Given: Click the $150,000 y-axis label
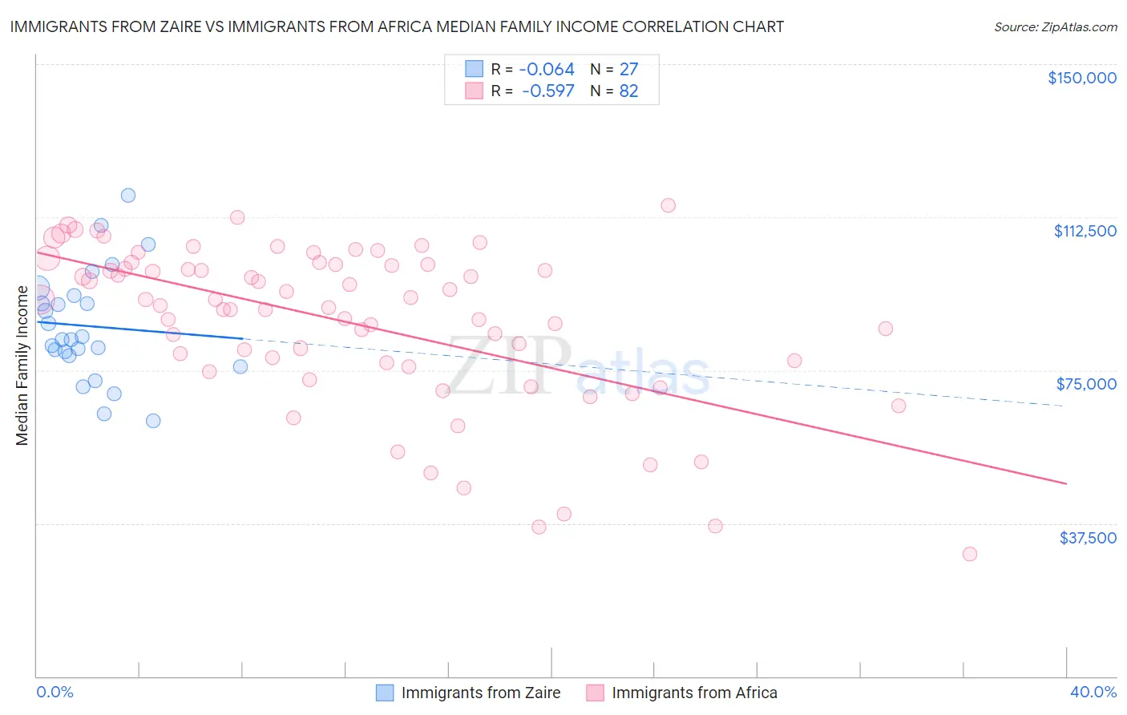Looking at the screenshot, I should pyautogui.click(x=1081, y=78).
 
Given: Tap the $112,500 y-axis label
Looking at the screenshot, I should pyautogui.click(x=1085, y=231).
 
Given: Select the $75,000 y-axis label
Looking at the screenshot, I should pyautogui.click(x=1086, y=384).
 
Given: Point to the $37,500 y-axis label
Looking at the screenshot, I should pyautogui.click(x=1087, y=538).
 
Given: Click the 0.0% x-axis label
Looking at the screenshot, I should pyautogui.click(x=55, y=692).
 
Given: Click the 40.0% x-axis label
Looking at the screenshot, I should pyautogui.click(x=1093, y=692).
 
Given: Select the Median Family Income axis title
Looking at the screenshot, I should pyautogui.click(x=22, y=366).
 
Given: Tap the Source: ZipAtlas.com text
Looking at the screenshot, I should pyautogui.click(x=1055, y=26).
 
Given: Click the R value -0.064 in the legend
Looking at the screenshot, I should pyautogui.click(x=547, y=69).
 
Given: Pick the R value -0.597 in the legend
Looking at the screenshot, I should pyautogui.click(x=547, y=91).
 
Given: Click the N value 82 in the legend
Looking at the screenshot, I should pyautogui.click(x=628, y=91).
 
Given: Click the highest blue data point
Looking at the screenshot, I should pyautogui.click(x=128, y=196).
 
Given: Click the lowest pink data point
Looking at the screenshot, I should pyautogui.click(x=969, y=554).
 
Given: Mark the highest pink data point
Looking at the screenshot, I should pyautogui.click(x=668, y=205).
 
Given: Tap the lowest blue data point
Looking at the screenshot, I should pyautogui.click(x=153, y=421).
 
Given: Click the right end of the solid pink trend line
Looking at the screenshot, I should pyautogui.click(x=1066, y=483).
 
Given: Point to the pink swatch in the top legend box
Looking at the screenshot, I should pyautogui.click(x=475, y=91).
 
